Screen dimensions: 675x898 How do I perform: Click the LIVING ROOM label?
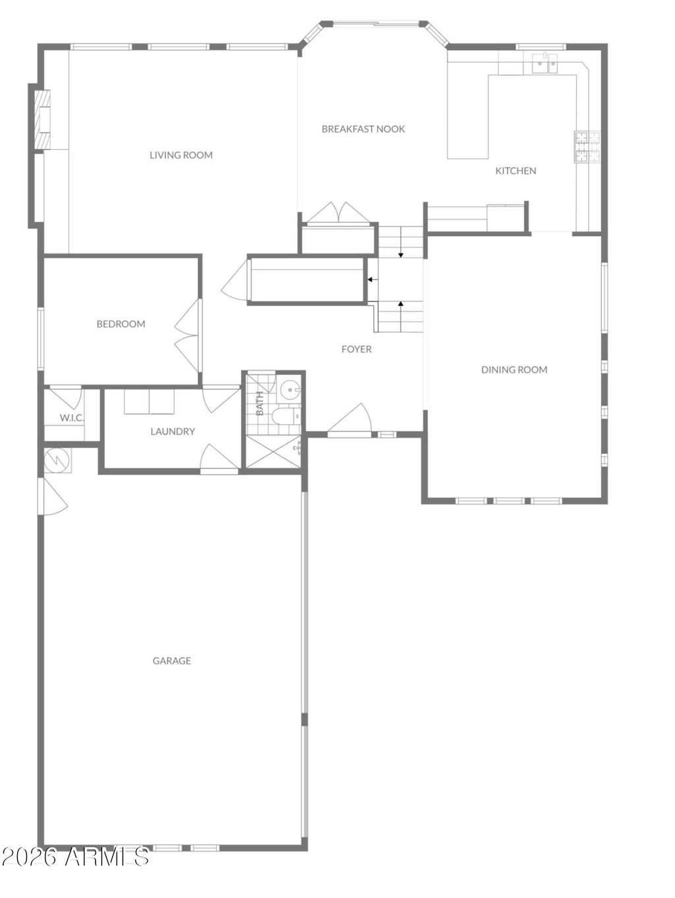(181, 155)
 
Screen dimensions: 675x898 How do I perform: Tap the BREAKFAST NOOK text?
(363, 129)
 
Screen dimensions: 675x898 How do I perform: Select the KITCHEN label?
(515, 171)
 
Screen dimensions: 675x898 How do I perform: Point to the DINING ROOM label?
(514, 370)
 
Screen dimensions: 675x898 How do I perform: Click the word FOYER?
(357, 349)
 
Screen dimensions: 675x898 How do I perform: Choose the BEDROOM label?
(121, 324)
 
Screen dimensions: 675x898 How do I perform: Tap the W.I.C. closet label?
(72, 418)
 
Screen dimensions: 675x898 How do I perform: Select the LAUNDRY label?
(173, 432)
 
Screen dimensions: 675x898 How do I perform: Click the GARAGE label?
(171, 660)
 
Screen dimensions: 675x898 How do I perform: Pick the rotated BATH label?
(260, 403)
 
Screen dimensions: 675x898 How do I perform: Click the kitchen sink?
(545, 64)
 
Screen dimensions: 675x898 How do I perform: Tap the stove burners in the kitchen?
(588, 147)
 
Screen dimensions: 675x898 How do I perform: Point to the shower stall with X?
(272, 452)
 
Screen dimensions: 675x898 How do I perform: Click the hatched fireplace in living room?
(42, 119)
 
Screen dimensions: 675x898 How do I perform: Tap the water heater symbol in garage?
(57, 461)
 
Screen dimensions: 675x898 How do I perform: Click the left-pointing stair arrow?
(372, 280)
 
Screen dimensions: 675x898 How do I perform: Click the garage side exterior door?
(53, 496)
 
